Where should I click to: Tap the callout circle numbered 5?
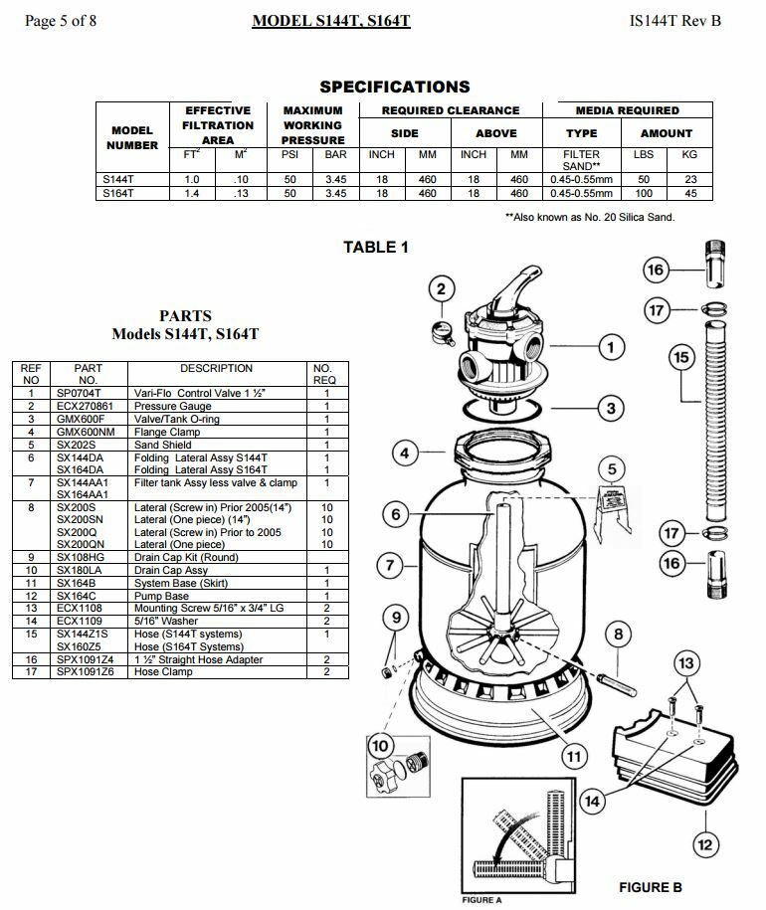(613, 469)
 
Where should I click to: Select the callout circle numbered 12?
(704, 844)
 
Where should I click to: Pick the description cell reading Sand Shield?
(163, 446)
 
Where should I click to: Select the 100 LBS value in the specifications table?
(644, 194)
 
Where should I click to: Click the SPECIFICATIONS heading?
(395, 87)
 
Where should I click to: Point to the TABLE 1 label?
(376, 248)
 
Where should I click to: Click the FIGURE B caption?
(651, 887)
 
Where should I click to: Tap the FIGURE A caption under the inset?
(481, 900)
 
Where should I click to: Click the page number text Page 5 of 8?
(60, 20)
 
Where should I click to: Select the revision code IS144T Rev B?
(675, 20)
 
